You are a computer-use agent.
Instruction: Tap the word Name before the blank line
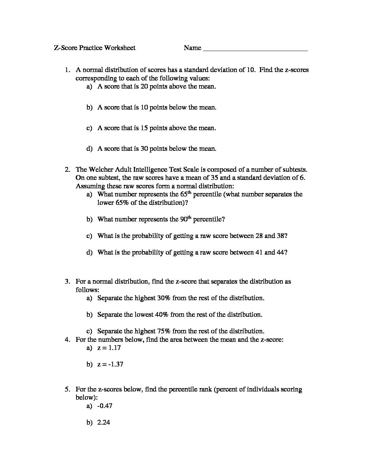(x=192, y=48)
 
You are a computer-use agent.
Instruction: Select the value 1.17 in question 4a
(x=115, y=348)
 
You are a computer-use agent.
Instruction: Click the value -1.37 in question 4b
(x=116, y=364)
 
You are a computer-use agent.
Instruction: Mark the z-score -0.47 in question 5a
(x=105, y=406)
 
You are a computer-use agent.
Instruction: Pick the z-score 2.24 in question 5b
(x=103, y=422)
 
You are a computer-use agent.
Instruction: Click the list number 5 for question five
(x=67, y=389)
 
